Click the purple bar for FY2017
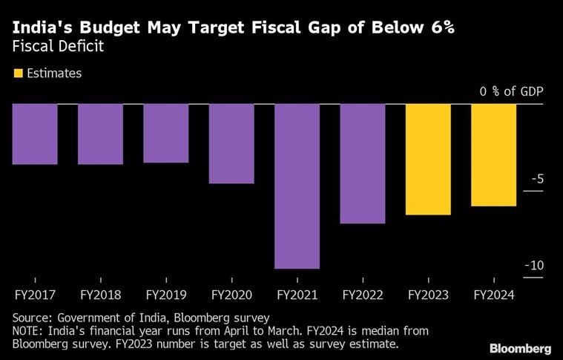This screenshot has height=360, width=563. [35, 134]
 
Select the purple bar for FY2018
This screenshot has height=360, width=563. [100, 134]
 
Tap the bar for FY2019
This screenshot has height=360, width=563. [165, 133]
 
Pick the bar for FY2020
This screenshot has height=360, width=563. [231, 143]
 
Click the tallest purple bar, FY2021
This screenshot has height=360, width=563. [297, 186]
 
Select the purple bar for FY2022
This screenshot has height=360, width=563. [363, 163]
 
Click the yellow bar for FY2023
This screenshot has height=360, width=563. [428, 159]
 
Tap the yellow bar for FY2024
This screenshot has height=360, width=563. [494, 154]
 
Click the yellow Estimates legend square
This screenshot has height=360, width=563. [18, 73]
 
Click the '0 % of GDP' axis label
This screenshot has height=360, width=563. [511, 92]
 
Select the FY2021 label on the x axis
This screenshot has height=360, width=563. [297, 295]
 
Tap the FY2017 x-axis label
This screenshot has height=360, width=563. [35, 295]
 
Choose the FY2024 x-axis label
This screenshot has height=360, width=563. [494, 295]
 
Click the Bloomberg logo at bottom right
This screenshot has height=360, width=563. [520, 348]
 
